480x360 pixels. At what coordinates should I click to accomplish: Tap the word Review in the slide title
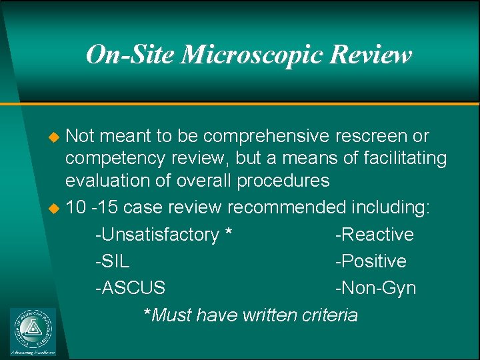(372, 55)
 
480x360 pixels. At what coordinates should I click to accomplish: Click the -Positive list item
(371, 261)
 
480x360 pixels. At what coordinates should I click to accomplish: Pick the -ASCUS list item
(130, 288)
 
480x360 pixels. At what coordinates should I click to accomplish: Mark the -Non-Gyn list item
(375, 288)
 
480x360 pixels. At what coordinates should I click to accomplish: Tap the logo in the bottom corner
(33, 331)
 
